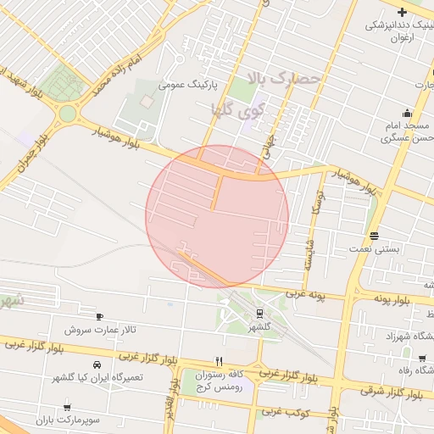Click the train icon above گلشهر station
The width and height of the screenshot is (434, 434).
point(259,312)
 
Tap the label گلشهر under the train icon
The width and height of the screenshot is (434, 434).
point(259,325)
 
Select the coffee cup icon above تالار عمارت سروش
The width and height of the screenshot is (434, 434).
point(99,315)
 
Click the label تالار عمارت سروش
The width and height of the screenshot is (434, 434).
point(99,329)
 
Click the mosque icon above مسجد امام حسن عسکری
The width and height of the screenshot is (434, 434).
point(408,114)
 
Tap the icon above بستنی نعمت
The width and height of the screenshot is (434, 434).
point(375,236)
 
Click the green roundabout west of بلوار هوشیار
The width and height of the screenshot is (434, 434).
point(67,114)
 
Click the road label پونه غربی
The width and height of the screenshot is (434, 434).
point(304,295)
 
